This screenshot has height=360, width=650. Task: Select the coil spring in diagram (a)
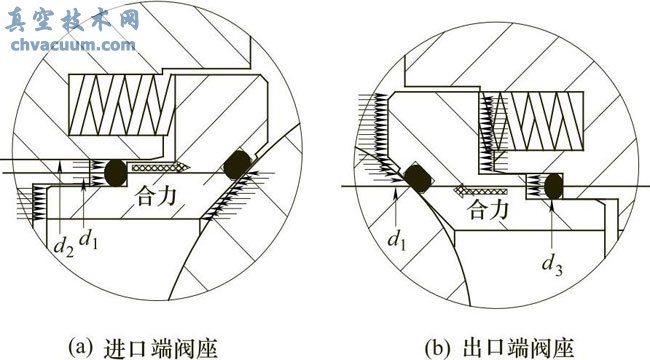(121, 103)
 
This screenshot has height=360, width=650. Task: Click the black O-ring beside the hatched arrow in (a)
(113, 173)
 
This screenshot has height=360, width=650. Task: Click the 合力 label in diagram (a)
(153, 200)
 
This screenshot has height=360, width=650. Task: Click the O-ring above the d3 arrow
(551, 186)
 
